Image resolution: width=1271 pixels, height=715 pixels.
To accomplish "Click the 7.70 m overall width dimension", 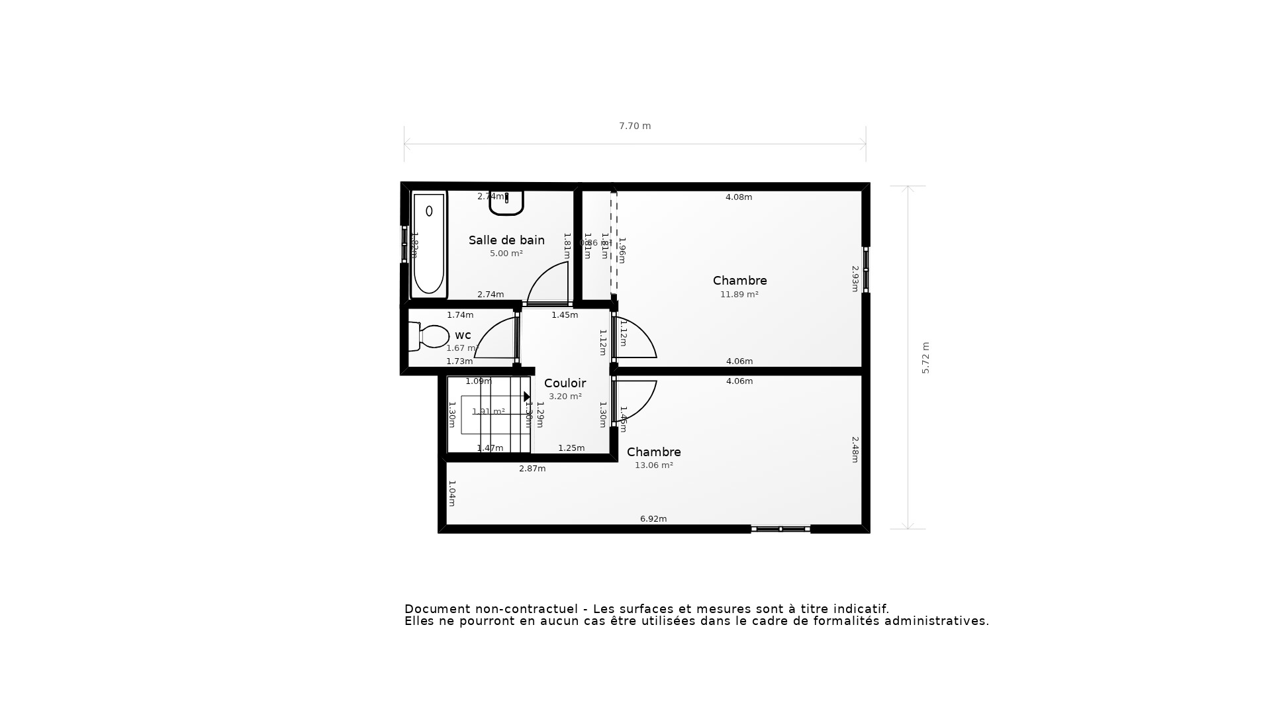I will click(635, 126).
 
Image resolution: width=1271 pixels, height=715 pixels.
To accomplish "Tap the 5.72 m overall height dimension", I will click(925, 358).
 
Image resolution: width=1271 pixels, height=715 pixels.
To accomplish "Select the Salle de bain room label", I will click(506, 240).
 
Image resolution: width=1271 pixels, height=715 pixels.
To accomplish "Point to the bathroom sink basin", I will click(506, 203).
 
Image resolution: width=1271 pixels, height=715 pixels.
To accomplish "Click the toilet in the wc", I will click(430, 336).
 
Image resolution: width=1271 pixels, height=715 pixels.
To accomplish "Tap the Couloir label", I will click(565, 383).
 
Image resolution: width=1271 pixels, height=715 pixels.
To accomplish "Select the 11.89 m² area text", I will click(739, 295).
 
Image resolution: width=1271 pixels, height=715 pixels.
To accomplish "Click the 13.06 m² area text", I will click(653, 465).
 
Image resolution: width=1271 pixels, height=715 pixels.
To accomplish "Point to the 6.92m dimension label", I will click(653, 519).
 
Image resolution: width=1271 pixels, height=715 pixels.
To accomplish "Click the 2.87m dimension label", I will click(532, 469).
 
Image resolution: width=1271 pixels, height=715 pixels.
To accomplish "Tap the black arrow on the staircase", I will click(527, 397).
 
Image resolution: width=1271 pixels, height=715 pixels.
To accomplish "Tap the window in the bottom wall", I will click(780, 529).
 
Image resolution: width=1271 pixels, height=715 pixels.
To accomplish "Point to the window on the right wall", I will click(865, 269).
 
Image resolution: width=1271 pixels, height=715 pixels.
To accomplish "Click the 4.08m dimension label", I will click(739, 197).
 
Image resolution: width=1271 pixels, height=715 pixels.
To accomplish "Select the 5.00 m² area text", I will click(506, 254).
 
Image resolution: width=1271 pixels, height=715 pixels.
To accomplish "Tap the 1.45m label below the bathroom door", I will click(565, 315).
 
